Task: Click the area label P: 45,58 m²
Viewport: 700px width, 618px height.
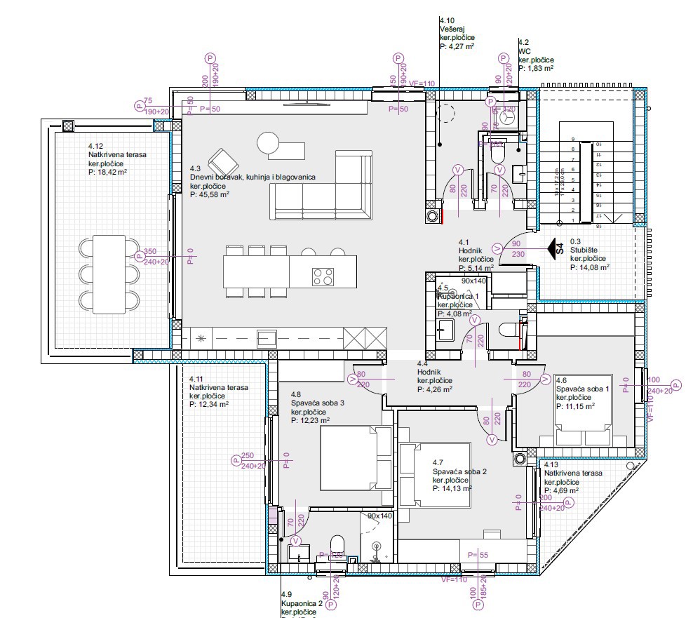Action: [210, 196]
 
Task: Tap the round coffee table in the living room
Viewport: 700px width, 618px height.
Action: [269, 144]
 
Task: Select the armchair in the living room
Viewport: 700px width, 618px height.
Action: [224, 163]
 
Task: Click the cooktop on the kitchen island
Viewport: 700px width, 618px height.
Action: [323, 276]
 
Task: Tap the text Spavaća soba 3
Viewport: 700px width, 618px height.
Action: [318, 403]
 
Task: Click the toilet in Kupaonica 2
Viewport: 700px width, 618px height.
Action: [336, 546]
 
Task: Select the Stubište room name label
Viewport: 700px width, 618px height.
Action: [584, 249]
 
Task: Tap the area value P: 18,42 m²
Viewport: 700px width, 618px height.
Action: [107, 171]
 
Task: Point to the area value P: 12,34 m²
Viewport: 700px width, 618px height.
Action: [209, 404]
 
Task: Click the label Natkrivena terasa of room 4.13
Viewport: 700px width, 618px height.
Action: [573, 473]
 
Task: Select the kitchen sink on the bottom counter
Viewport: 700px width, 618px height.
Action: [266, 338]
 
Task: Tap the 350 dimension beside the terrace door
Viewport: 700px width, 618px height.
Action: [149, 252]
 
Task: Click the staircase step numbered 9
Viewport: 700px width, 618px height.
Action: [573, 139]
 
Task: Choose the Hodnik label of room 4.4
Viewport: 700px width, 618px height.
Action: [429, 372]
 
